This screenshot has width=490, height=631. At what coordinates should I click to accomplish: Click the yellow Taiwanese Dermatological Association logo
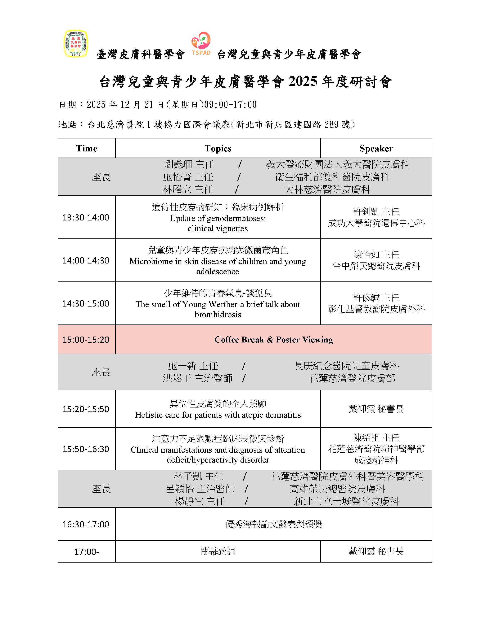76,44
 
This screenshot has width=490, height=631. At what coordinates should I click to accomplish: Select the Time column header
87,149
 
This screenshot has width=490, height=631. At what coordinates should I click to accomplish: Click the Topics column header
218,149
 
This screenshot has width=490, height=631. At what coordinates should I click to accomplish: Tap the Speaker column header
376,149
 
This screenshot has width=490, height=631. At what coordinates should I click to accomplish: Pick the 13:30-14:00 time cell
86,218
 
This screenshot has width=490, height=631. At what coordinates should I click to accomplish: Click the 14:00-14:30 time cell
86,261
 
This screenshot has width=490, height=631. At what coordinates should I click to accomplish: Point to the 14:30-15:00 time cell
86,304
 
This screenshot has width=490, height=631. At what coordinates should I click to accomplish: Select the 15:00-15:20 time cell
86,340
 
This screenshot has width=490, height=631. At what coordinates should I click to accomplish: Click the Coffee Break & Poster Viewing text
274,340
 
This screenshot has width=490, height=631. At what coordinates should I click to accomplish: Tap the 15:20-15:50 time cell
86,409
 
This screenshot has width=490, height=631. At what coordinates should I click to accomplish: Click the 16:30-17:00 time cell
86,524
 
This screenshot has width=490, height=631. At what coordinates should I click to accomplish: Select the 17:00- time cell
87,552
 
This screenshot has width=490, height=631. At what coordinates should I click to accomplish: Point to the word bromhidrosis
218,314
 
